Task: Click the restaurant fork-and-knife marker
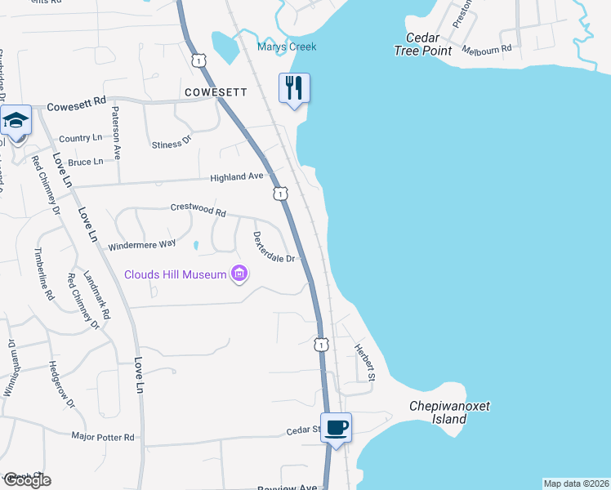click(x=295, y=87)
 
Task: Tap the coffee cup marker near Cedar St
click(x=336, y=427)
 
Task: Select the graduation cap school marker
click(x=16, y=120)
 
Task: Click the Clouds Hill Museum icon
click(x=239, y=274)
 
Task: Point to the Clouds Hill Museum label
click(x=175, y=274)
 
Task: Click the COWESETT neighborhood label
click(x=216, y=92)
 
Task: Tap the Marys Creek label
click(x=287, y=47)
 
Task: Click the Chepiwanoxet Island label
click(x=448, y=413)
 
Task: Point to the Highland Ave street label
click(x=237, y=176)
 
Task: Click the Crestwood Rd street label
click(x=198, y=209)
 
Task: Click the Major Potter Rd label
click(x=103, y=438)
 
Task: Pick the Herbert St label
click(x=364, y=361)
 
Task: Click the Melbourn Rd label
click(x=486, y=49)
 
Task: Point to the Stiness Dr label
click(x=171, y=142)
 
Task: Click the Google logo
click(x=26, y=480)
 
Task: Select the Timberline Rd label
click(x=43, y=274)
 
